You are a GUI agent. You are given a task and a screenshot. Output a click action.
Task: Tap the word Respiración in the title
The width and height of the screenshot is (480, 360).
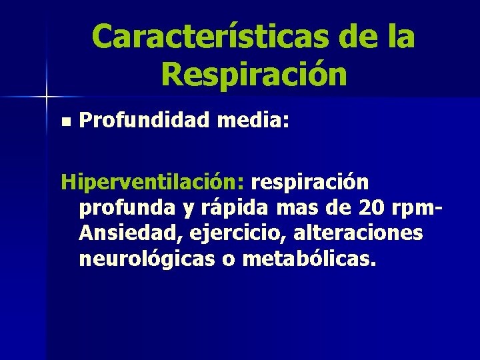[x=253, y=75]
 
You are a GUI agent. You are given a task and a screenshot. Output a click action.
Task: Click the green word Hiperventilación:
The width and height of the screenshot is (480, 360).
[x=153, y=182]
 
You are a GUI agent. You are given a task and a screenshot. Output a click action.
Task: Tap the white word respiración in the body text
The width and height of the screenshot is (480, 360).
[x=309, y=182]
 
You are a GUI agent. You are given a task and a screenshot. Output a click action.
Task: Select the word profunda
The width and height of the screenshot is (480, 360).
[x=125, y=209]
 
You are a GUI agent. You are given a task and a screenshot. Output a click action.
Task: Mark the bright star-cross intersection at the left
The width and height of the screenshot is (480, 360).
[x=46, y=97]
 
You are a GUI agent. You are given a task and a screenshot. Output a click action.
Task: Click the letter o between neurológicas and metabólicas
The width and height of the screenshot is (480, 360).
[x=228, y=259]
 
